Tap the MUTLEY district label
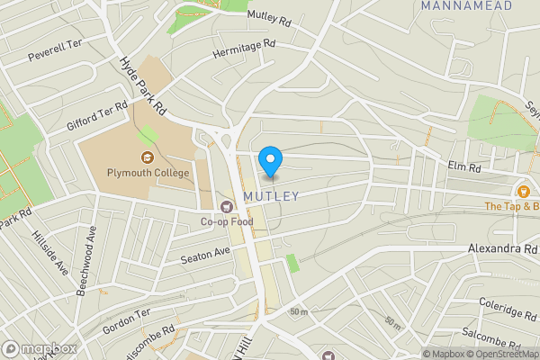pyautogui.click(x=270, y=195)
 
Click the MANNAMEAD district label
pyautogui.click(x=466, y=6)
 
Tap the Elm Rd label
pyautogui.click(x=464, y=166)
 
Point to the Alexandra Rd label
pyautogui.click(x=502, y=248)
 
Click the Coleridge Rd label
pyautogui.click(x=508, y=312)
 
